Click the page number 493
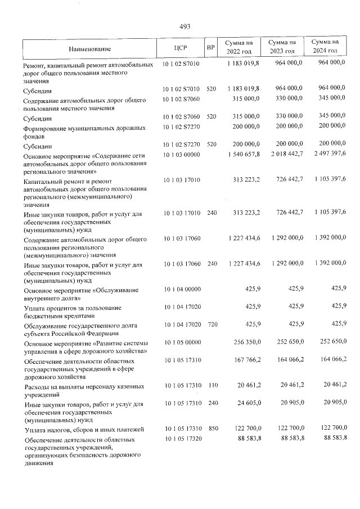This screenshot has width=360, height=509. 184,26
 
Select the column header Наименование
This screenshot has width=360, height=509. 90,49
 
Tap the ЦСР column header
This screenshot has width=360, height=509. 181,49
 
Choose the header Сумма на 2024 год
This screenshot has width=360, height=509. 325,47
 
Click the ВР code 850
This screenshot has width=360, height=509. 213,429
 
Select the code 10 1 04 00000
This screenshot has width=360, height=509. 181,289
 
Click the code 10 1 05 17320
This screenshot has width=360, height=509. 181,438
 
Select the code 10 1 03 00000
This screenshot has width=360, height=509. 181,154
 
